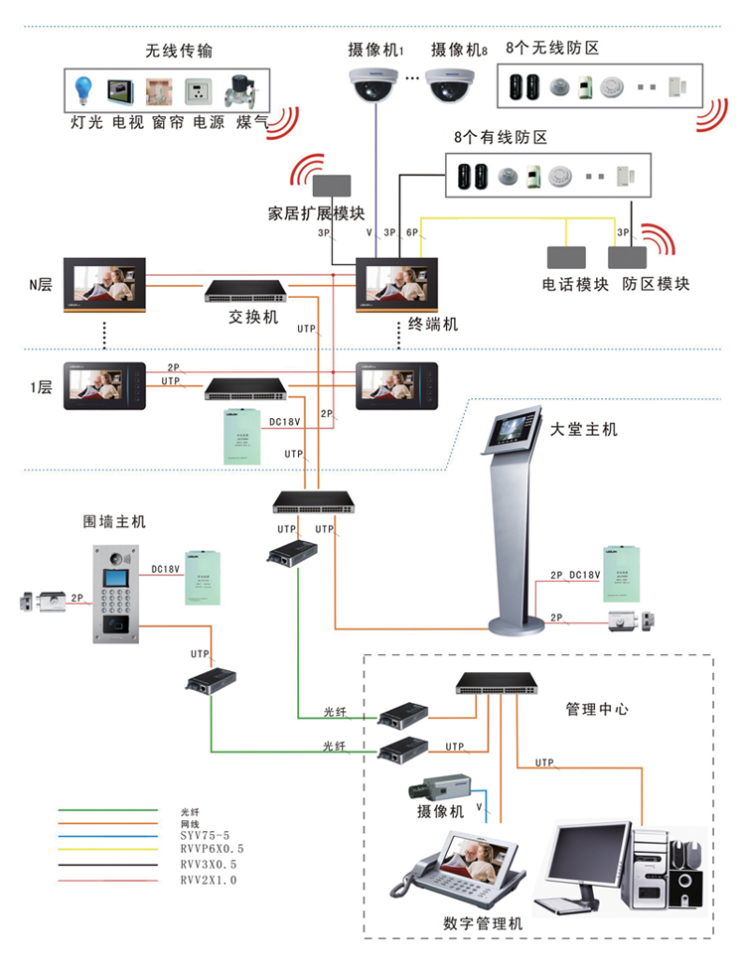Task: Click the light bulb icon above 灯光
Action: [x=82, y=92]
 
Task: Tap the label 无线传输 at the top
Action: [x=179, y=51]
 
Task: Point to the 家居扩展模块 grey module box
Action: [x=331, y=186]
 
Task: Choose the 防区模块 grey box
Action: [x=629, y=256]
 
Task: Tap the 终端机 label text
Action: [x=434, y=324]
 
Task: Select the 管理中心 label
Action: [x=597, y=709]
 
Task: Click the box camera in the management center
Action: [x=438, y=789]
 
